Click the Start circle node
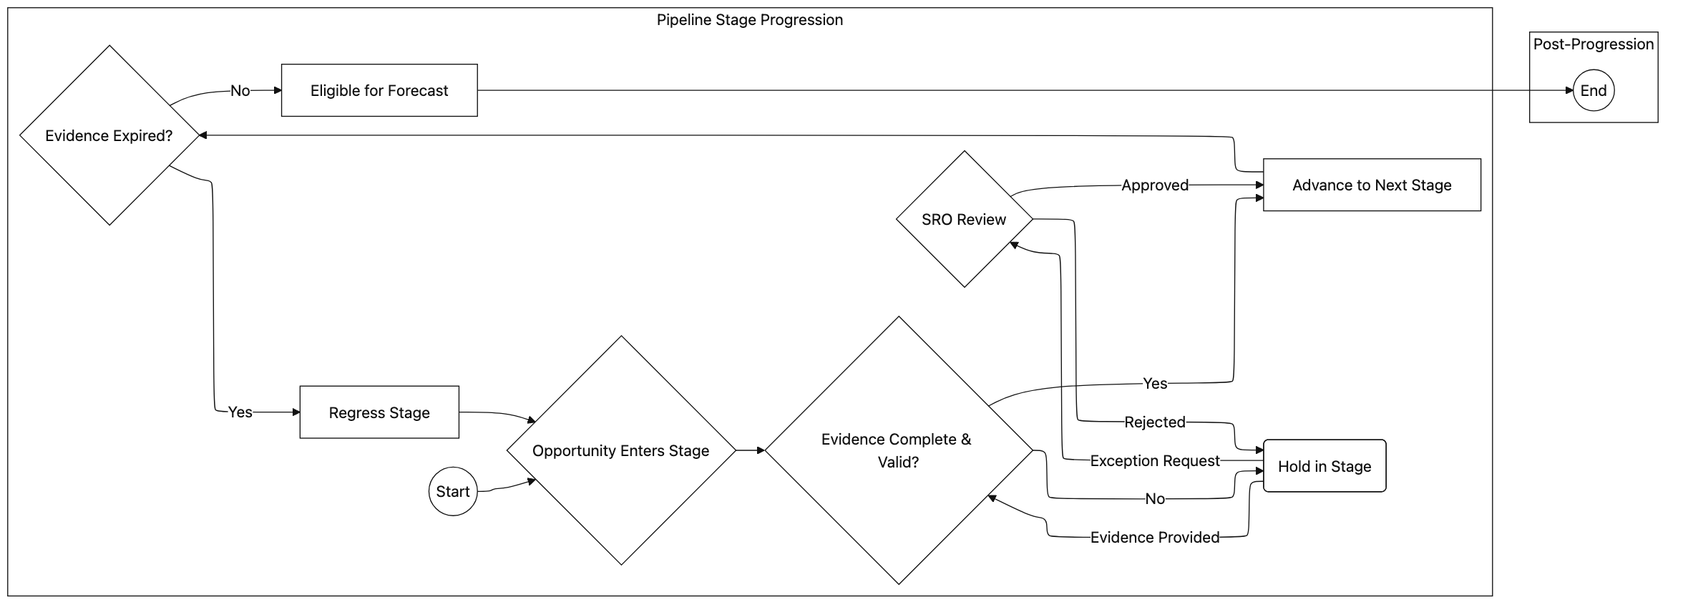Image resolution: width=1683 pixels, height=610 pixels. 452,491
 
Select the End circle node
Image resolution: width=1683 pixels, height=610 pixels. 1593,91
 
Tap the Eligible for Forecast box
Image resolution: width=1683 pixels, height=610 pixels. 379,91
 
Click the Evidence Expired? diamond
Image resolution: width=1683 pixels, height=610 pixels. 109,135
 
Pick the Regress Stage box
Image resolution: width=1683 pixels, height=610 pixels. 379,412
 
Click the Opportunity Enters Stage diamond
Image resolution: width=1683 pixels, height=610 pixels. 620,450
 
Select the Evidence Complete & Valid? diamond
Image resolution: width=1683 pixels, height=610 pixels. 898,450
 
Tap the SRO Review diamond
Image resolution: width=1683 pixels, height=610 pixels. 964,219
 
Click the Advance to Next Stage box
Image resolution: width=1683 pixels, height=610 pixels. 1371,185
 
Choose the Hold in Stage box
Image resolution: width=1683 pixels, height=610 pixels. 1324,466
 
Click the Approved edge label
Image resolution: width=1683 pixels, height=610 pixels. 1154,185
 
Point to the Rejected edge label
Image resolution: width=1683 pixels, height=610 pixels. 1154,422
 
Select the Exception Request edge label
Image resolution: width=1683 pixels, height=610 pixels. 1154,461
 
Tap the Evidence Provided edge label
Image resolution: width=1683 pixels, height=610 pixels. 1154,538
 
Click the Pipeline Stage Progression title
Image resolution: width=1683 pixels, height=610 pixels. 749,20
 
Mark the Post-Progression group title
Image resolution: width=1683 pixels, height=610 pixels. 1593,44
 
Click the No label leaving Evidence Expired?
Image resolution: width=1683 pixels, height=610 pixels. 240,91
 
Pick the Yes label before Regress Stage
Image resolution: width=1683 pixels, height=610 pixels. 240,412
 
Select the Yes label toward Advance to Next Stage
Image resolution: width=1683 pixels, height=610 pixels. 1154,384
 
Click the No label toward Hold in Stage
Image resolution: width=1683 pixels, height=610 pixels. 1154,499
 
